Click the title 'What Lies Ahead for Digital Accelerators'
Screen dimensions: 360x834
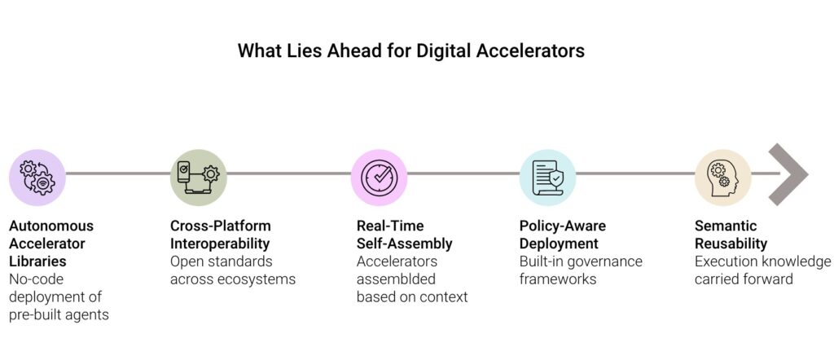[x=410, y=50]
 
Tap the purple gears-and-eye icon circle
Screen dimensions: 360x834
[x=37, y=176]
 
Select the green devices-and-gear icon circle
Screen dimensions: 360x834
[x=198, y=176]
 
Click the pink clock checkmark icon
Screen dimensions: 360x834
[x=379, y=176]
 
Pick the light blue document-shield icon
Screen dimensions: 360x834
[x=547, y=176]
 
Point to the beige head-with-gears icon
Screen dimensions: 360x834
[x=722, y=176]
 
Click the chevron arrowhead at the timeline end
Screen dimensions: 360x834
[x=788, y=174]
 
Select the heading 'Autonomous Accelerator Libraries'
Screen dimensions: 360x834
[x=51, y=244]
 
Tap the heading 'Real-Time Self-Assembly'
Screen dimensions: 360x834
[x=404, y=235]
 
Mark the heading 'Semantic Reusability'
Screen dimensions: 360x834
[x=730, y=235]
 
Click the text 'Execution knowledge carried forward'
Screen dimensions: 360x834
[x=762, y=270]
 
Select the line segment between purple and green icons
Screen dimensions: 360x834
[x=117, y=173]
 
